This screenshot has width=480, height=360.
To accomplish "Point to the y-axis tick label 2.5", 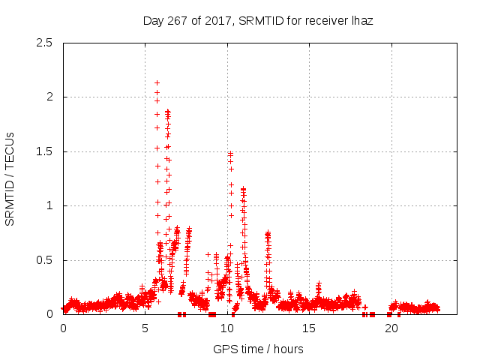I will (x=44, y=43).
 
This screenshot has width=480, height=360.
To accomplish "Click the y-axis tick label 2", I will (x=49, y=97).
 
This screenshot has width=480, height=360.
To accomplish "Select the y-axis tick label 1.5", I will (x=44, y=151).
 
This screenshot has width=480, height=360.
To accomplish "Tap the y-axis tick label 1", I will (x=49, y=205).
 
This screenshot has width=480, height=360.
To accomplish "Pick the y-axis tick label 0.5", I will (x=44, y=260).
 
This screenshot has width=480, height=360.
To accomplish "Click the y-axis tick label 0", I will (x=49, y=314).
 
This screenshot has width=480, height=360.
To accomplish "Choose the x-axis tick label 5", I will (x=145, y=328).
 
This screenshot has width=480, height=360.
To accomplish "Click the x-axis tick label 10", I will (x=226, y=328).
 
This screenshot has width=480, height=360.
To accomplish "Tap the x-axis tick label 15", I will (x=308, y=328).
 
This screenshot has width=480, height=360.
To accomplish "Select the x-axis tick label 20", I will (x=390, y=328).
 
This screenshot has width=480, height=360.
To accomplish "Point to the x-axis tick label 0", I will (x=63, y=328).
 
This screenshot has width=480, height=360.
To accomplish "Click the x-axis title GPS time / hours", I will (x=258, y=349).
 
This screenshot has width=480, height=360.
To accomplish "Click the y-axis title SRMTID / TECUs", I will (x=10, y=178).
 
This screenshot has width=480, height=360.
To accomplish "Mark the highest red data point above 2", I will (x=157, y=83).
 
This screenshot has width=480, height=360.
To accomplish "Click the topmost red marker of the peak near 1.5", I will (x=230, y=154).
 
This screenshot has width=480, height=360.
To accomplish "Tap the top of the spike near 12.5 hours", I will (x=268, y=233).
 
